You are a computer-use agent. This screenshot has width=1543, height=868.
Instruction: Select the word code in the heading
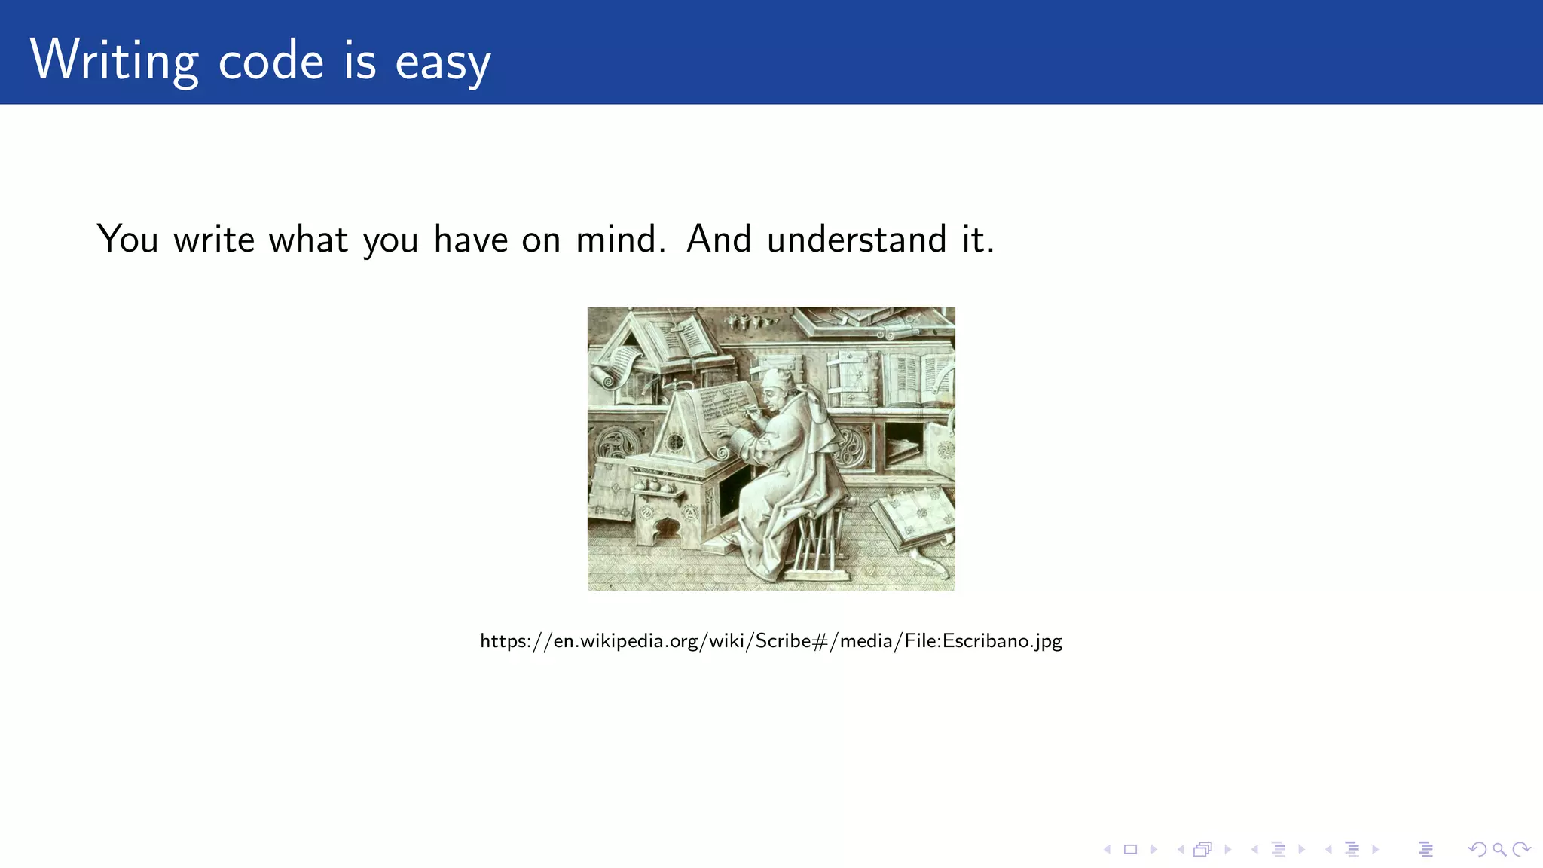[x=270, y=60]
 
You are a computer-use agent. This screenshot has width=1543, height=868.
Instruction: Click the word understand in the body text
[x=857, y=239]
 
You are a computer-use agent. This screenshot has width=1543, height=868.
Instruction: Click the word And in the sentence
[x=719, y=239]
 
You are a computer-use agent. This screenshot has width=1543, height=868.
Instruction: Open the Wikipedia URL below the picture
[x=771, y=641]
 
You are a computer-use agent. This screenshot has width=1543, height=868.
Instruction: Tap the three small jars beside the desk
[x=655, y=486]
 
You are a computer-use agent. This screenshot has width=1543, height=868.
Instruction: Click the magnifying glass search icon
[x=1499, y=850]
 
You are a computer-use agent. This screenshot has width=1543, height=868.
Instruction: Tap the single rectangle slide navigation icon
[x=1130, y=850]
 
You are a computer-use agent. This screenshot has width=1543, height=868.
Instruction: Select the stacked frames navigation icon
[x=1202, y=850]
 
